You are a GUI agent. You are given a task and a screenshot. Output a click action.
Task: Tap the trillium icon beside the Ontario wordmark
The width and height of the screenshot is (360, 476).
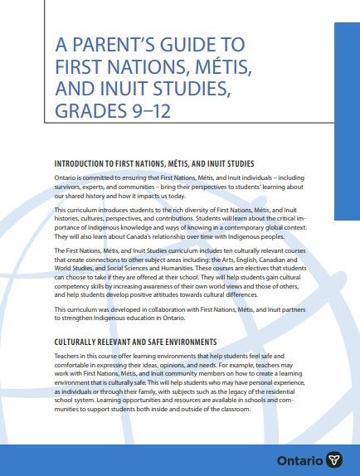(x=335, y=459)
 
